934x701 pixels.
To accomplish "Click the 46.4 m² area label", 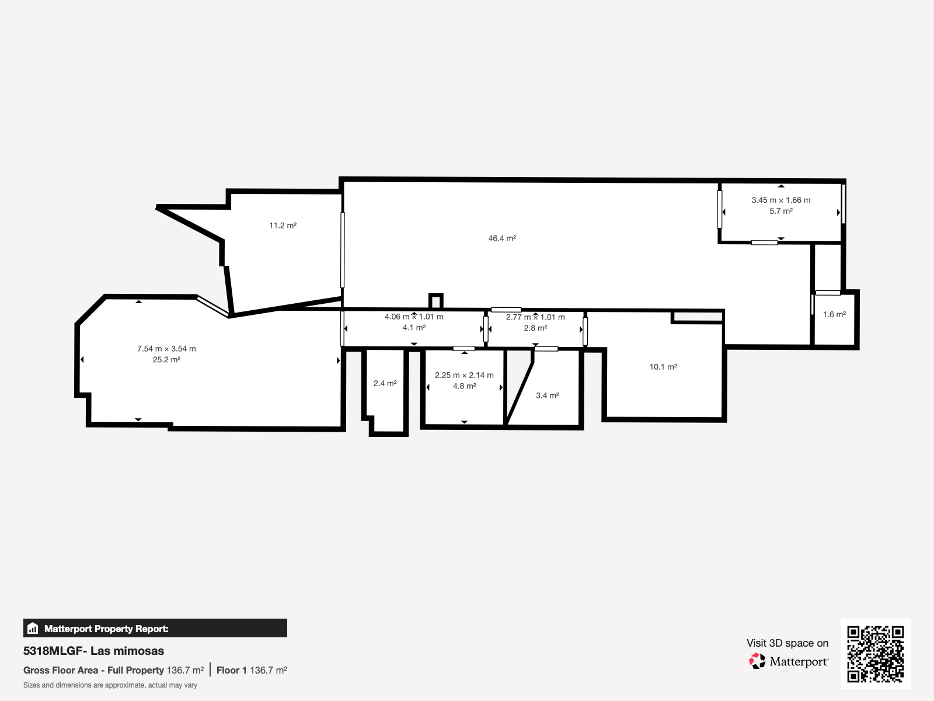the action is point(502,238).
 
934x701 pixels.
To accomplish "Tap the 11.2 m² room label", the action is point(283,225).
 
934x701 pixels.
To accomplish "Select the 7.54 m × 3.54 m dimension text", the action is point(166,349).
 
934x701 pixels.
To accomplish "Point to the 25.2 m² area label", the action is point(166,360).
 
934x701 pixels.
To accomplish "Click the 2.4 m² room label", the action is point(385,383).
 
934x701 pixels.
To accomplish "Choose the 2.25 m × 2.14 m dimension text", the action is point(464,375).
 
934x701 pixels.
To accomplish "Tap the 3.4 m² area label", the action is point(547,395).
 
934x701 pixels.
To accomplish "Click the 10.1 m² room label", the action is point(663,367).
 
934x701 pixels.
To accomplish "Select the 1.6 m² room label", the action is point(834,314).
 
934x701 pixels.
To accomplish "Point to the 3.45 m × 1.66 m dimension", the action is point(781,200).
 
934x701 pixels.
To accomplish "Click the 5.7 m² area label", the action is point(781,211).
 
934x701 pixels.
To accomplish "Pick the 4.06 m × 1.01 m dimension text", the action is point(414,317).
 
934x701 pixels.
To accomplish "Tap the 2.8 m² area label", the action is point(535,328).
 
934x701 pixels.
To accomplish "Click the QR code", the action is point(875,654).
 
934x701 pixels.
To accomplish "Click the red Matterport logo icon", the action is point(757,661).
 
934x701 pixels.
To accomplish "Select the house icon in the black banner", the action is point(33,628).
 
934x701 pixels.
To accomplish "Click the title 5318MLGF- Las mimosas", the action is point(93,651).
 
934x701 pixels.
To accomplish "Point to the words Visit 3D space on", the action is point(787,643).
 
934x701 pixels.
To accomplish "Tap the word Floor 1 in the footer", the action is point(232,671).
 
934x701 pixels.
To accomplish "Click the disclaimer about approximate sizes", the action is point(110,685).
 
